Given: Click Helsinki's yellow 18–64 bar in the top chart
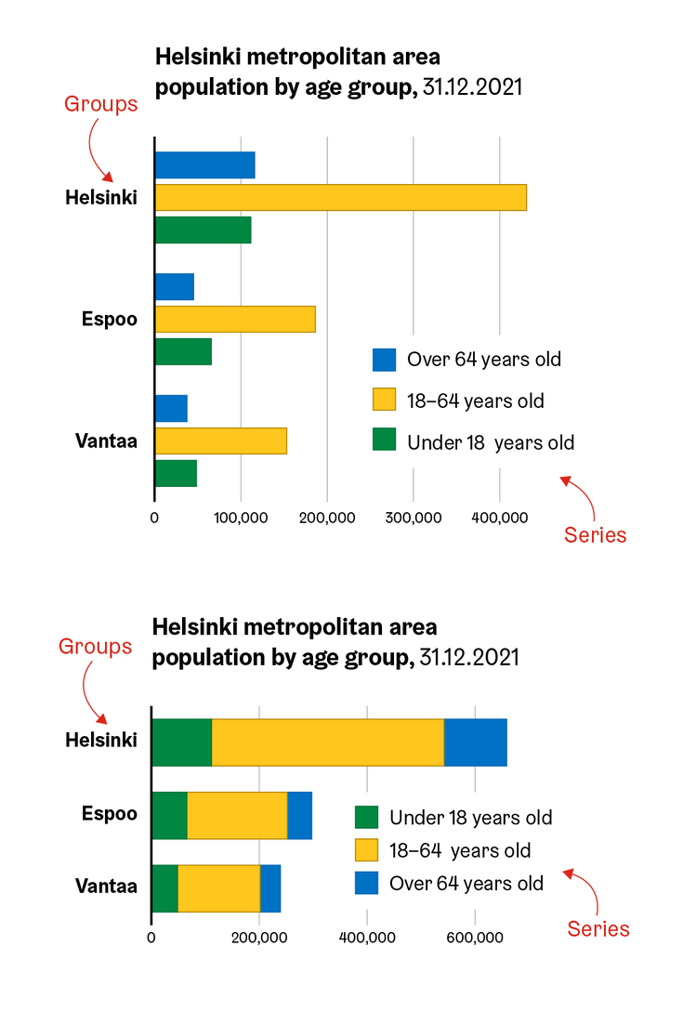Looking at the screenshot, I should (340, 197).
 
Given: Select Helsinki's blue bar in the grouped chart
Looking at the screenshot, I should (204, 165).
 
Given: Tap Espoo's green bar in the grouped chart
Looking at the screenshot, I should (183, 351).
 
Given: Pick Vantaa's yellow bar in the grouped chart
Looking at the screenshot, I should (220, 440).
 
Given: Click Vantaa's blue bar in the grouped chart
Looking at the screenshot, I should (171, 408).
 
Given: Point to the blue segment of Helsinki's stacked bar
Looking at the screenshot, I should (475, 742).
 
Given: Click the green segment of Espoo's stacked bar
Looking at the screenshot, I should (169, 815).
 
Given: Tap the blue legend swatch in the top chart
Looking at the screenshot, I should (384, 360).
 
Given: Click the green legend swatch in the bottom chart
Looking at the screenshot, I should (367, 817).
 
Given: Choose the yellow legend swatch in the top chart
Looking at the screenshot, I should (384, 400).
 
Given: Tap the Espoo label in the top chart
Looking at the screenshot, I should (110, 319).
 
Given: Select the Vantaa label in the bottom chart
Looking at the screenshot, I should (106, 886).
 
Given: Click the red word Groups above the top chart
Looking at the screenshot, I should (100, 104).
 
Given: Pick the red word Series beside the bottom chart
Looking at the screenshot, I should (598, 929).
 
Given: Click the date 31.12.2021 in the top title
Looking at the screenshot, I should (472, 87).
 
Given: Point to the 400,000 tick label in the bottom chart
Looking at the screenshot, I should (367, 939).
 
